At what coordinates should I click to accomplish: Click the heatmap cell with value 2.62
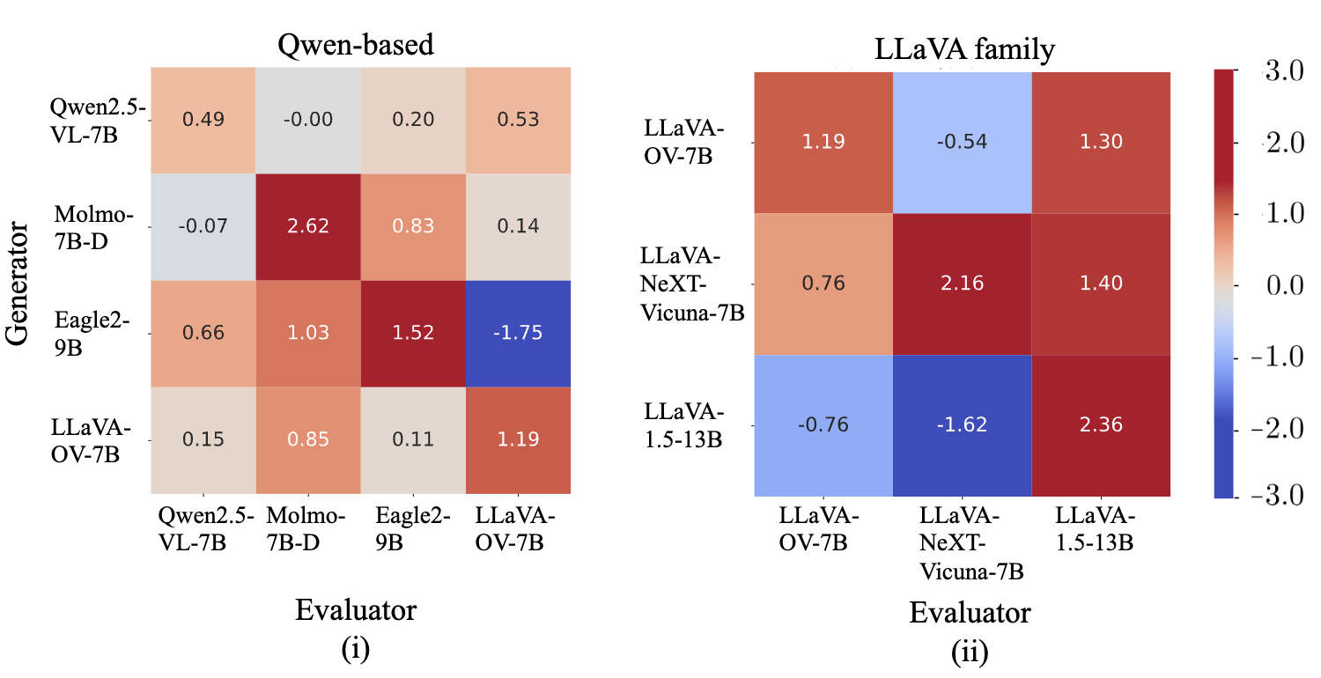(x=308, y=226)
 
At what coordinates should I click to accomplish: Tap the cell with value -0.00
(x=308, y=120)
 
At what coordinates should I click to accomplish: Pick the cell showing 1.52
(x=413, y=333)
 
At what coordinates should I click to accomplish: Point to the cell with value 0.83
(x=413, y=226)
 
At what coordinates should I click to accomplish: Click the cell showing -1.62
(x=963, y=425)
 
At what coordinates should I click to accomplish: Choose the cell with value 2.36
(x=1101, y=425)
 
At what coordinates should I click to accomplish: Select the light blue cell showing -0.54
(x=963, y=142)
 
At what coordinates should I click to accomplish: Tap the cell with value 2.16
(x=963, y=284)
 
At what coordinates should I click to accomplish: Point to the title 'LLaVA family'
(x=963, y=51)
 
